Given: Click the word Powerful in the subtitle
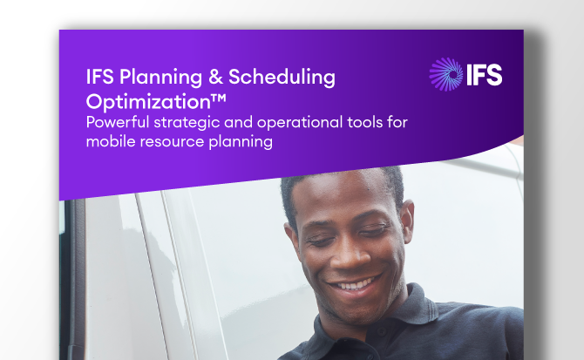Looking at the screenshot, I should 119,122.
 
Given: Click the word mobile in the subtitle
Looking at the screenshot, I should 111,142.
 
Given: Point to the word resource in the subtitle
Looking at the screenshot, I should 174,142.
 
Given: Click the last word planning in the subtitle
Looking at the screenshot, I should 242,142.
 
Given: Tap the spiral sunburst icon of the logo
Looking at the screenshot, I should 447,75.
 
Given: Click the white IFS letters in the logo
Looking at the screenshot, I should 485,75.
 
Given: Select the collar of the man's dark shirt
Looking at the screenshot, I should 410,323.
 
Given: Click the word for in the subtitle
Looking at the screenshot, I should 397,122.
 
